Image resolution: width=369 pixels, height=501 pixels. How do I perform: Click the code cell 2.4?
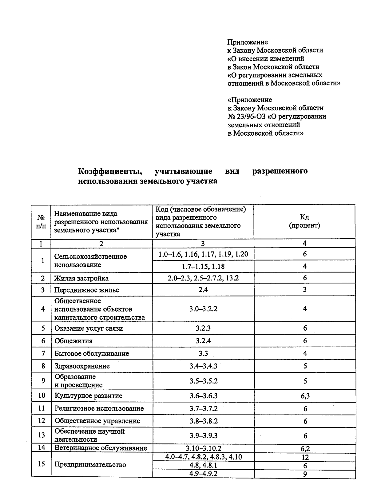203,290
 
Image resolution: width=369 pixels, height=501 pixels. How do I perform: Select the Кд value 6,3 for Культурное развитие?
305,396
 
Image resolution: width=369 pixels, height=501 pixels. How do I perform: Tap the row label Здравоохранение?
82,366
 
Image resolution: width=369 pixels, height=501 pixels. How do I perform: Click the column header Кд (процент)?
304,221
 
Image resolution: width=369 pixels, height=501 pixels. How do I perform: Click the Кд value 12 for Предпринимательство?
305,457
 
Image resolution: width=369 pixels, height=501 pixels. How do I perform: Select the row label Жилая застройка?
81,278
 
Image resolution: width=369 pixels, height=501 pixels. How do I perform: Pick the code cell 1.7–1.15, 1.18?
203,266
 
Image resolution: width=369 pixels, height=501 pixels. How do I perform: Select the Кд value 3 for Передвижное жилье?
305,290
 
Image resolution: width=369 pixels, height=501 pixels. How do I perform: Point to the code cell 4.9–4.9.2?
203,474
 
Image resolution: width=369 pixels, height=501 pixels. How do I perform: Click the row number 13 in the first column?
42,435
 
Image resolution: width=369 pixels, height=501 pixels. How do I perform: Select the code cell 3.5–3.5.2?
203,381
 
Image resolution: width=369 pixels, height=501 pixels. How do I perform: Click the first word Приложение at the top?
248,42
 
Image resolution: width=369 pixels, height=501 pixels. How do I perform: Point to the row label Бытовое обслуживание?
92,353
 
